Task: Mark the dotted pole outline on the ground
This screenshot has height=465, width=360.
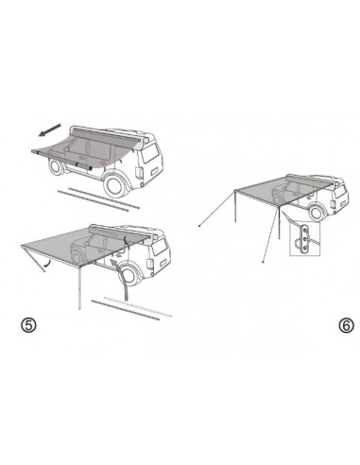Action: [112, 302]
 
